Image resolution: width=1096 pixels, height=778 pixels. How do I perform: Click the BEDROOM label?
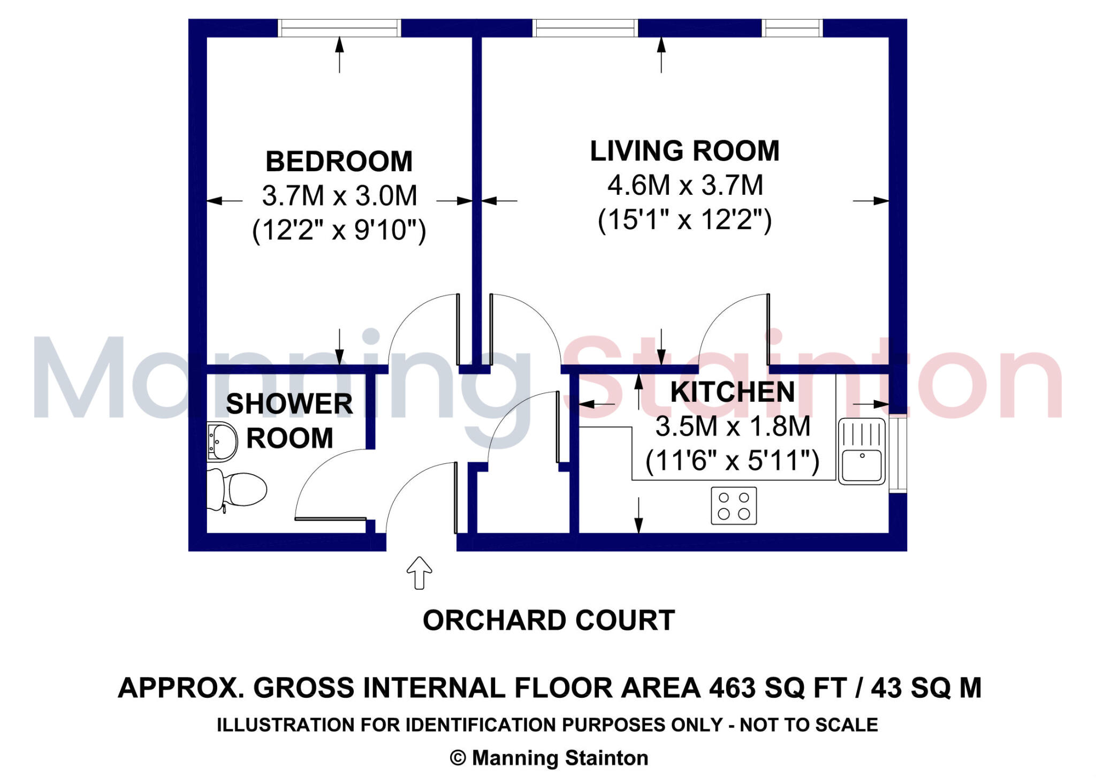click(339, 162)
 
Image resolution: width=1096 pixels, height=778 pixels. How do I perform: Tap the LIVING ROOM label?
click(684, 151)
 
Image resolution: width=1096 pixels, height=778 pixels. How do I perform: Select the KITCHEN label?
click(732, 392)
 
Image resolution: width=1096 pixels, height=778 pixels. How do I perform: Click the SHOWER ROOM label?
click(289, 421)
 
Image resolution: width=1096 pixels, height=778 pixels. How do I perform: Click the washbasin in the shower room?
click(222, 441)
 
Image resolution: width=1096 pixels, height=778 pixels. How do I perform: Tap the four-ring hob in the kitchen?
click(733, 506)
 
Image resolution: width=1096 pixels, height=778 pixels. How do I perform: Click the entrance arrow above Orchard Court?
click(419, 573)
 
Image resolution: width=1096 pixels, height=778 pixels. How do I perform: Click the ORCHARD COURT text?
click(549, 621)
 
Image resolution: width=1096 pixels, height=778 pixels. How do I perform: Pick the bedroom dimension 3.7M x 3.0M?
click(339, 196)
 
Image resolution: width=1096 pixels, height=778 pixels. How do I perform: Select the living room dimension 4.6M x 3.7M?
click(684, 186)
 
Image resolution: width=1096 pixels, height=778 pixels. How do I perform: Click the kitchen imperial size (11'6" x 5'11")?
click(732, 461)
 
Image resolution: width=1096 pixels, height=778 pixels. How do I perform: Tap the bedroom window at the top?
click(339, 28)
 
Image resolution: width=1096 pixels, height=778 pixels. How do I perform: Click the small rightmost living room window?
click(791, 28)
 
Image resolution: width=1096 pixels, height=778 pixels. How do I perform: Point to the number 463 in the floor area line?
click(733, 688)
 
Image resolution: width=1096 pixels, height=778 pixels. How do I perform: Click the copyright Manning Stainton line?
click(549, 758)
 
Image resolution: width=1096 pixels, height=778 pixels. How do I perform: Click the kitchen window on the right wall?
click(899, 454)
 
